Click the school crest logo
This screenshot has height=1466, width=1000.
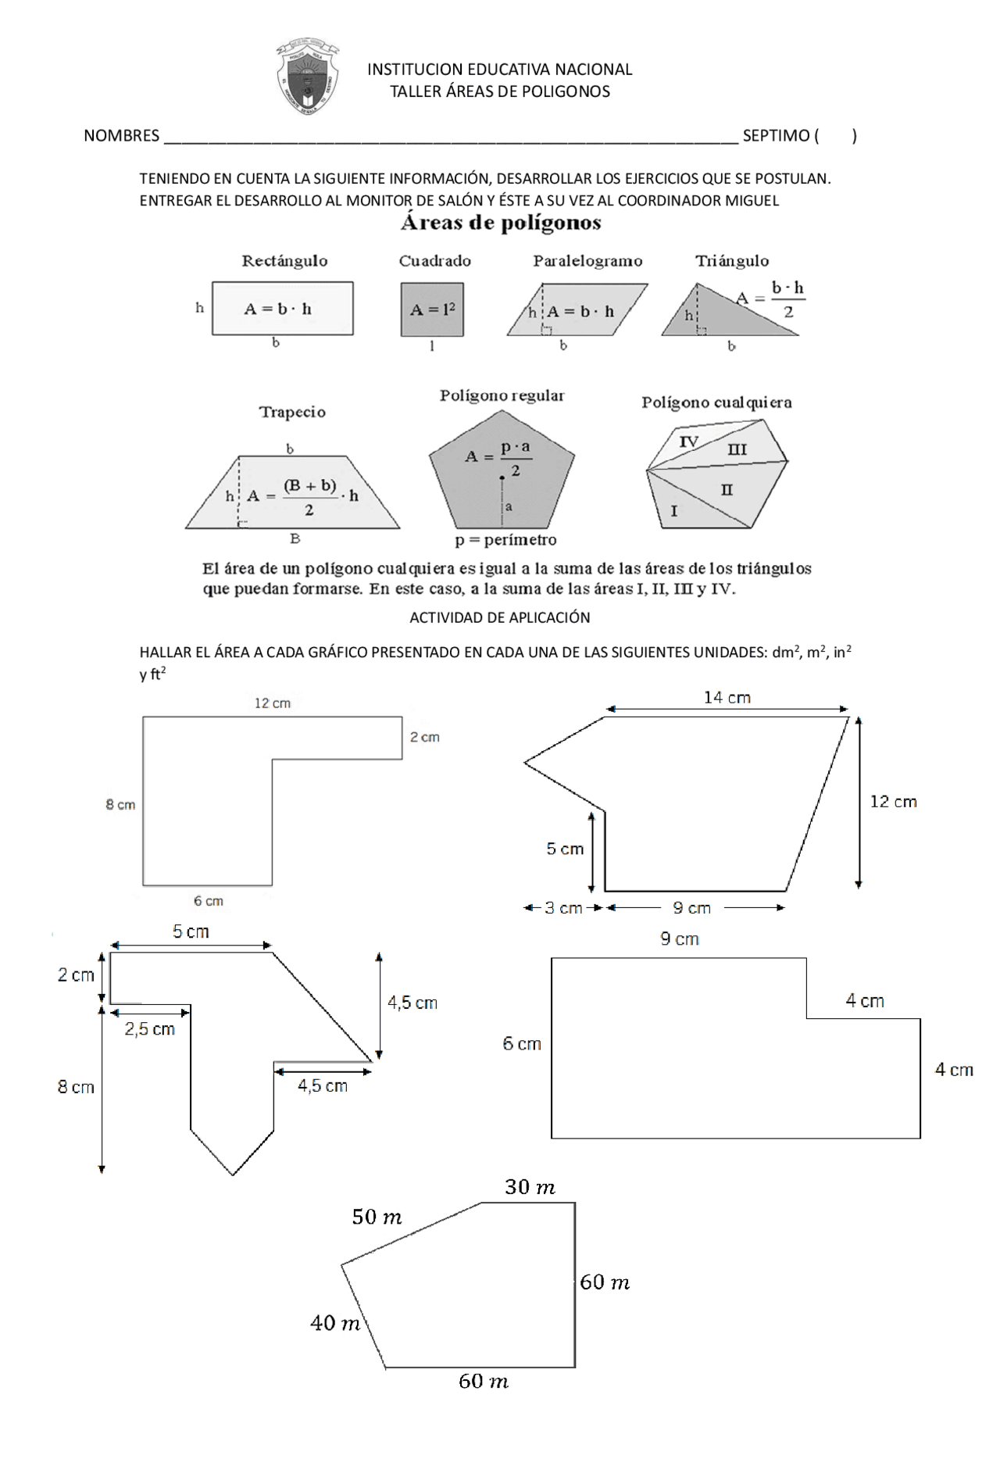coord(307,78)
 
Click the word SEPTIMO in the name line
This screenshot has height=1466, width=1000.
coord(775,136)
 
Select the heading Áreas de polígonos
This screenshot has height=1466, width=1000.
coord(500,223)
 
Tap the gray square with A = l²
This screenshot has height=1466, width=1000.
coord(432,309)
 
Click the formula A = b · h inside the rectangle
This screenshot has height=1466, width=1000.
coord(278,309)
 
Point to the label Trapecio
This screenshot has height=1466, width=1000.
coord(292,412)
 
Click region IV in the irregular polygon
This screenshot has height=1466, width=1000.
coord(688,442)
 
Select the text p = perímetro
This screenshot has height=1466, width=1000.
coord(505,540)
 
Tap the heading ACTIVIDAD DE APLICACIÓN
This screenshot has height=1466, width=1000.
coord(500,617)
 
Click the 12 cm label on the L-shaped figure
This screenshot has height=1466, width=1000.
coord(272,703)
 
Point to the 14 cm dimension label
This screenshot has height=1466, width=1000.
coord(727,698)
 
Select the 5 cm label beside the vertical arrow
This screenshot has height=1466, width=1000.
coord(565,849)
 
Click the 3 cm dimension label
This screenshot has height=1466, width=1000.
coord(562,908)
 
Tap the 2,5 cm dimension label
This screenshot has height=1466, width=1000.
coord(150,1029)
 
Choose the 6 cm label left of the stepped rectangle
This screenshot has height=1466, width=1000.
coord(522,1044)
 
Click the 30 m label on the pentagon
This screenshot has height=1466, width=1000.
coord(530,1188)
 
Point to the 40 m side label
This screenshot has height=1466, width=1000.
coord(335,1323)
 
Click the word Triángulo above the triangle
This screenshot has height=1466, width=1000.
coord(731,261)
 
